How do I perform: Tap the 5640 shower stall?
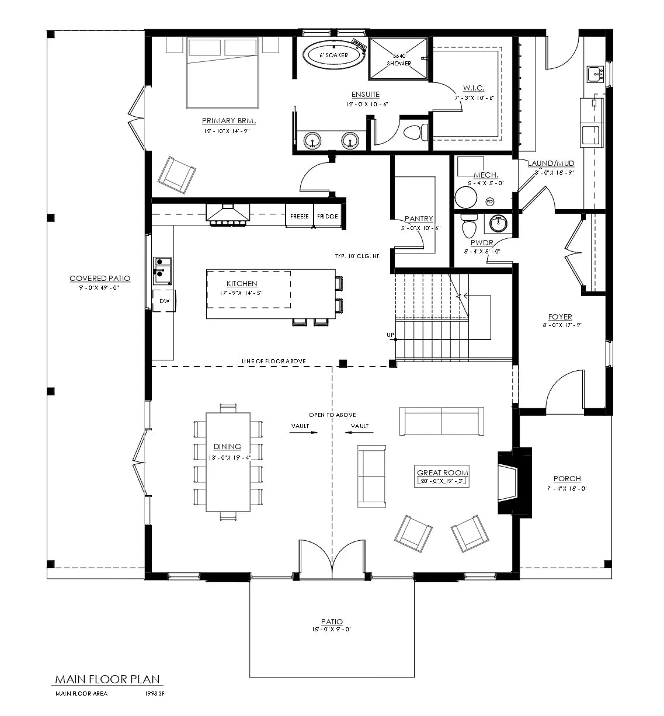pyautogui.click(x=399, y=58)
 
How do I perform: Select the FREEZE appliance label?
pyautogui.click(x=299, y=217)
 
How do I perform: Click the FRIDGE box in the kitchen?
pyautogui.click(x=327, y=217)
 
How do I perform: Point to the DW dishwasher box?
pyautogui.click(x=164, y=301)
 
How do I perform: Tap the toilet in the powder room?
pyautogui.click(x=469, y=224)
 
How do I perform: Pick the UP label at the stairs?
pyautogui.click(x=390, y=335)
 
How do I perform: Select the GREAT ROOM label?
pyautogui.click(x=443, y=472)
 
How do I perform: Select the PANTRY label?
pyautogui.click(x=419, y=219)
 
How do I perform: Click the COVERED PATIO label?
pyautogui.click(x=100, y=279)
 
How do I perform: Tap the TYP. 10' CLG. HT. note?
pyautogui.click(x=357, y=256)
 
